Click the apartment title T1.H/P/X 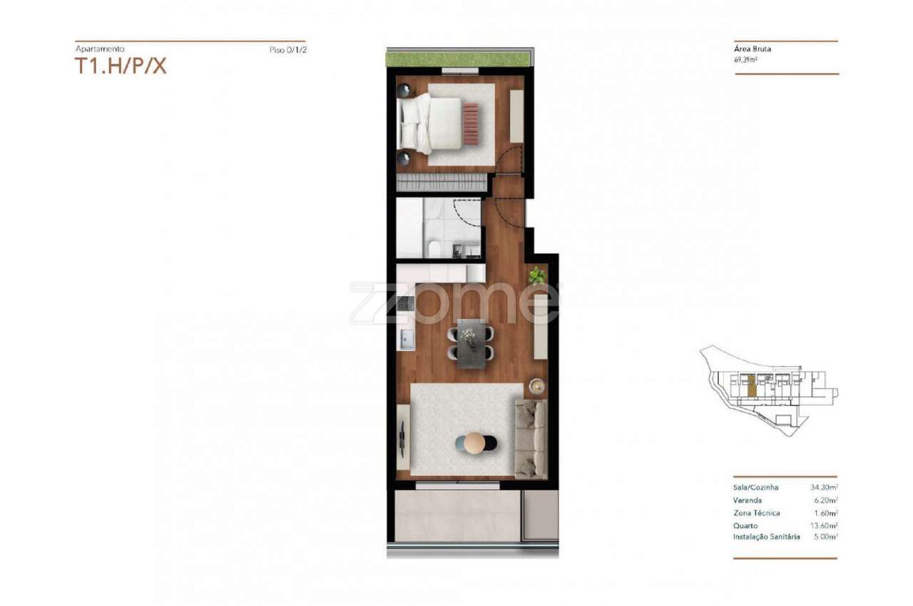[121, 66]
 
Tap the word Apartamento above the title [100, 49]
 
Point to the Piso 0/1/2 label [288, 50]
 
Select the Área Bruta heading [753, 49]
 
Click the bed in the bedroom [432, 123]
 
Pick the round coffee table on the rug [474, 443]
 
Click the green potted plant [536, 275]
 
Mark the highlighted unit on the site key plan [750, 385]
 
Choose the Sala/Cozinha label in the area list [755, 488]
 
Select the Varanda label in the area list [748, 500]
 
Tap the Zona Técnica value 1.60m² [825, 513]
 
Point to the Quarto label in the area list [746, 525]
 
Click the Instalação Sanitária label [766, 537]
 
